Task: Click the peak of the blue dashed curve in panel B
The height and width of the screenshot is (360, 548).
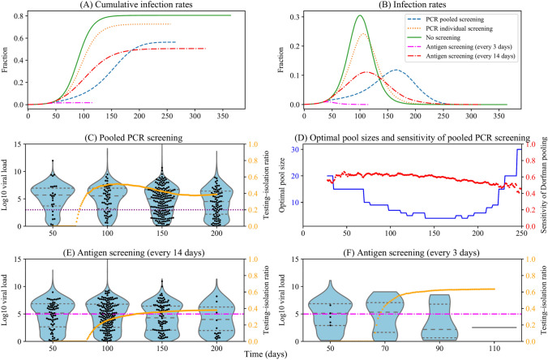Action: point(396,71)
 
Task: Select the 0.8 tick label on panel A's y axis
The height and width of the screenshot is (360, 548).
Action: point(19,16)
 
